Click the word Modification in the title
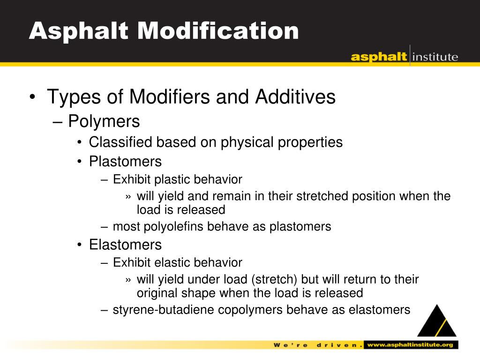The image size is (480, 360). tap(218, 31)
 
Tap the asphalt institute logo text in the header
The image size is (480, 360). tap(404, 57)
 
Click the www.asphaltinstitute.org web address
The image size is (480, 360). tap(410, 345)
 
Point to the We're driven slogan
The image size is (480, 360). tap(317, 345)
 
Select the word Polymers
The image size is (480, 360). tap(104, 121)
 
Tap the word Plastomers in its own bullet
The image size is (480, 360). tap(125, 162)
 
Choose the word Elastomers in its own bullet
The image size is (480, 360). tap(125, 245)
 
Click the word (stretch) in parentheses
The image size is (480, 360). tap(274, 280)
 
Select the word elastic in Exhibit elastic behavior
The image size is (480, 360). tap(171, 262)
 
